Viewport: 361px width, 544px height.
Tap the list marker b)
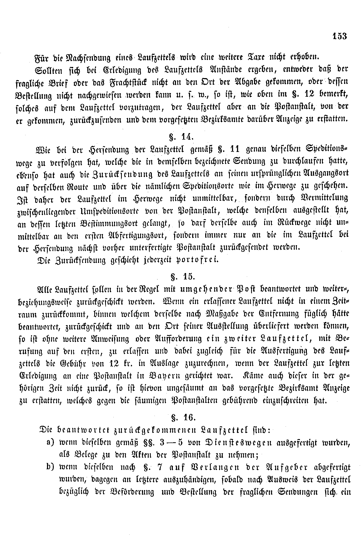tap(51, 467)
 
